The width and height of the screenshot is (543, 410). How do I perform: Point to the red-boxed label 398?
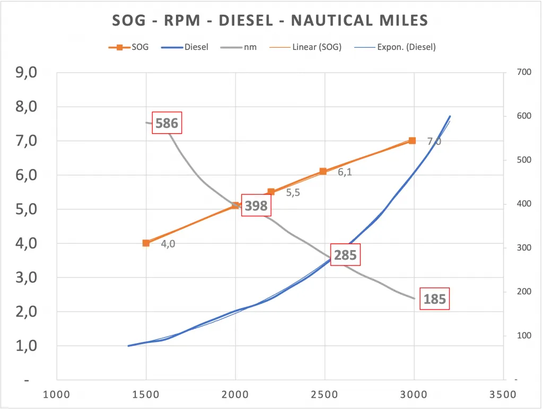[x=256, y=206]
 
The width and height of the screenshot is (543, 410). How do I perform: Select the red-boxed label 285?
[x=345, y=255]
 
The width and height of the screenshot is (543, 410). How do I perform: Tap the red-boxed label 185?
[x=434, y=300]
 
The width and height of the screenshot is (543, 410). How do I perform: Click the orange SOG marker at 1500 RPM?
[x=146, y=243]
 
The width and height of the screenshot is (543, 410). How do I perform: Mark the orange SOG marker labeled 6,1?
[x=323, y=172]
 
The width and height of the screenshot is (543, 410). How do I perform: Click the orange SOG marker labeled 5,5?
[x=271, y=192]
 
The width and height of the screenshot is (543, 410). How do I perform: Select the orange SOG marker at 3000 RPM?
[x=412, y=141]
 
